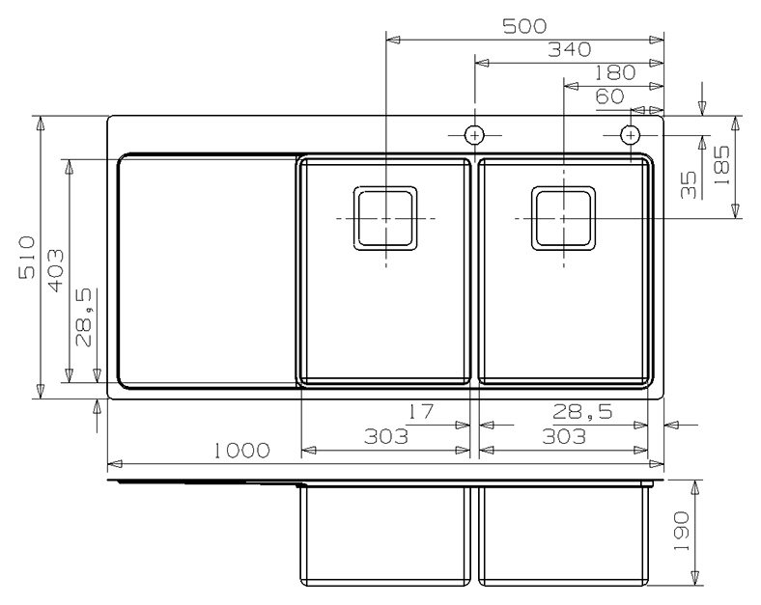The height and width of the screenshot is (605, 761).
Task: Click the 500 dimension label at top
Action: click(x=524, y=26)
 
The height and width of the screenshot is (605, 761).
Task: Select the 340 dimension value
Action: click(x=570, y=49)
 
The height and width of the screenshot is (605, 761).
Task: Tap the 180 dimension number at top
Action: click(x=614, y=72)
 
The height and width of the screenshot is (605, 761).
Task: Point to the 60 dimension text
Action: click(x=610, y=96)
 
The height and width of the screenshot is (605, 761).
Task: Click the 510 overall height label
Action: click(x=27, y=257)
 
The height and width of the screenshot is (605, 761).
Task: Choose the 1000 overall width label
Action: click(x=242, y=451)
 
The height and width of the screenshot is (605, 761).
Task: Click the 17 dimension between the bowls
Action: click(x=420, y=412)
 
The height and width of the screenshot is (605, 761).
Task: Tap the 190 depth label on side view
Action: click(x=682, y=531)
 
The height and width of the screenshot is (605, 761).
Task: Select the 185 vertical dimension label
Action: click(x=721, y=165)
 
